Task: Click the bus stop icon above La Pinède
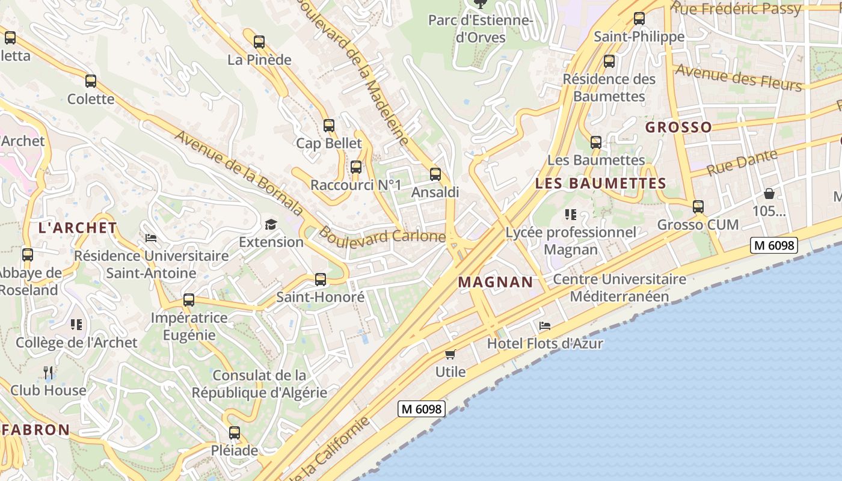[259, 42]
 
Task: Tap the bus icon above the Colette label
[91, 81]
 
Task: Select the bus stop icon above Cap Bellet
[329, 126]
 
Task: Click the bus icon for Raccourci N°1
[356, 167]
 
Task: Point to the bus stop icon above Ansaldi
[435, 175]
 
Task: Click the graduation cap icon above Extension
[271, 225]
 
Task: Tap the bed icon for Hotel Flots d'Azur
[545, 326]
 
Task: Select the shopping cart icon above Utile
[450, 354]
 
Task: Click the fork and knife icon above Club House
[49, 373]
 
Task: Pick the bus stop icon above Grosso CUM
[698, 207]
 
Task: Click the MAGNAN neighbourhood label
[496, 282]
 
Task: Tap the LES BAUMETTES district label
[601, 183]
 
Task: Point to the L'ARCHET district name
[78, 228]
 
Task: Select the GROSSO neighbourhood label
[678, 127]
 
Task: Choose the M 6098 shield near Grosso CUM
[773, 245]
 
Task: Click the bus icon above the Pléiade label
[235, 433]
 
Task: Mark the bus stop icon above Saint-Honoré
[321, 280]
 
